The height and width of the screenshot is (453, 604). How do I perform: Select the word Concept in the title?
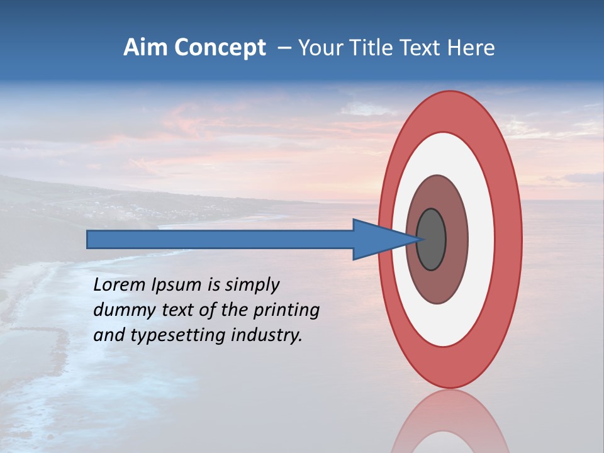(220, 48)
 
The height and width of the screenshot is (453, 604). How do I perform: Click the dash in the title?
(284, 48)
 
